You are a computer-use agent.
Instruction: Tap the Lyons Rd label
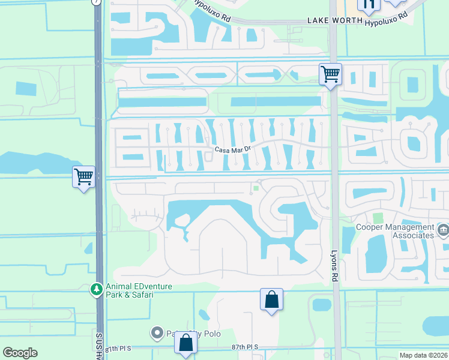click(334, 266)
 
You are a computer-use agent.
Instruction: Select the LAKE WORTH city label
click(335, 20)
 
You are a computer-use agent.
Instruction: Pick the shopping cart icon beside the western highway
click(83, 177)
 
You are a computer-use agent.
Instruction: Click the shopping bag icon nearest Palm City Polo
click(185, 343)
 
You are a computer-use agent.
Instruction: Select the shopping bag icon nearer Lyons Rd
click(271, 299)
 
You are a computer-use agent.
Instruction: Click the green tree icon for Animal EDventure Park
click(96, 290)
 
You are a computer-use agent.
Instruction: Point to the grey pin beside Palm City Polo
click(157, 332)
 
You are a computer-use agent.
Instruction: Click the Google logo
click(20, 353)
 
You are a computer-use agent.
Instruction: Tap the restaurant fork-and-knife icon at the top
click(369, 5)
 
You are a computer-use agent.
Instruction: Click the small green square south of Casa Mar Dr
click(256, 188)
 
